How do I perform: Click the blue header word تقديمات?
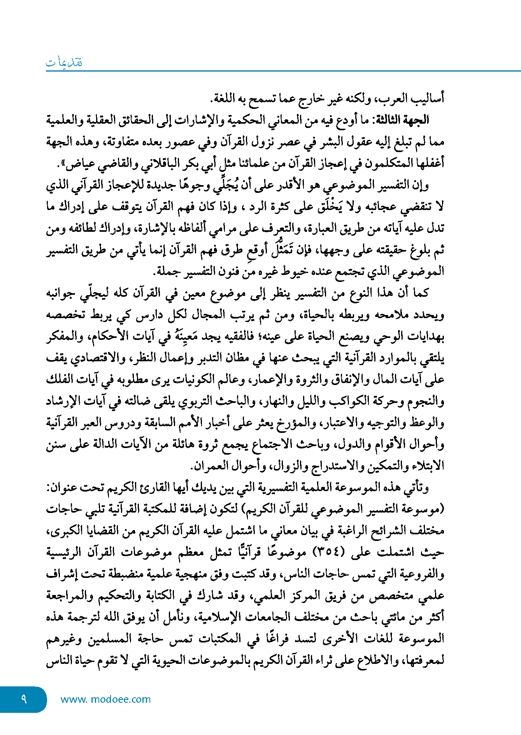[64, 63]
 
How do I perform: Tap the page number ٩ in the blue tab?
[24, 699]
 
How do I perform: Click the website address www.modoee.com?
[105, 699]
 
